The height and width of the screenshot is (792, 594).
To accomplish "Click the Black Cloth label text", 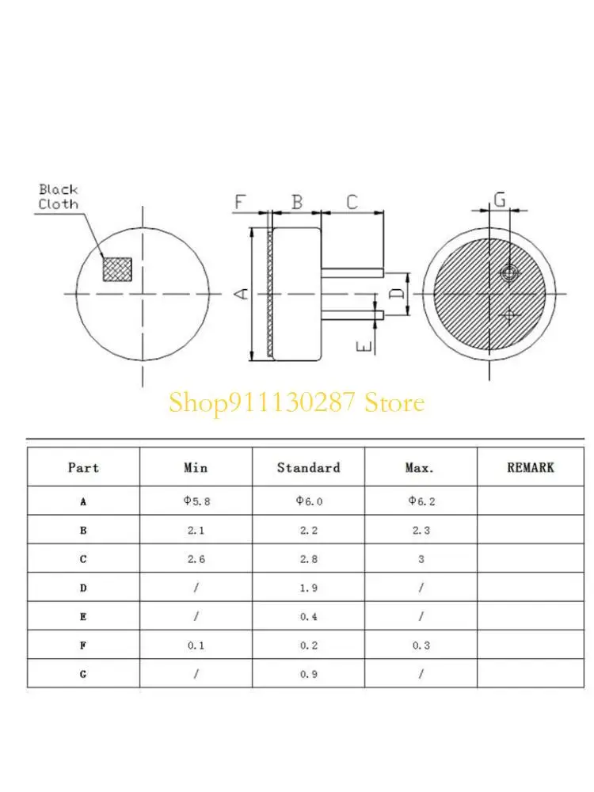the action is coord(59,197).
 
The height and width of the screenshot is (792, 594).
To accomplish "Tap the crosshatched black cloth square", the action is coord(117,269).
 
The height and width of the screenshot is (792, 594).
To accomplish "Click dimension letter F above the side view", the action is coord(240,202).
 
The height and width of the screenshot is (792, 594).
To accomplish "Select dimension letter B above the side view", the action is coord(297,202).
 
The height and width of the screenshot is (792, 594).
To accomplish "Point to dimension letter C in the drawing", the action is coord(352,202).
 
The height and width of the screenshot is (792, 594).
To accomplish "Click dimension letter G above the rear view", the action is coord(500,200).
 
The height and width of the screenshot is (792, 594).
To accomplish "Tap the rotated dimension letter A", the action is coord(243,294).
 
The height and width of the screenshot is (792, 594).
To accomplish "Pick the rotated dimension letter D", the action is coord(398,294).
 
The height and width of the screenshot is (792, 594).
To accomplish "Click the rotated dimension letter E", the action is coord(364,346).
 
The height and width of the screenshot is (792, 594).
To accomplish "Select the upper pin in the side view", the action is coord(352,272).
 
